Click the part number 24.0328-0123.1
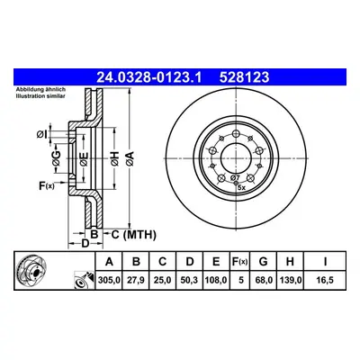149,77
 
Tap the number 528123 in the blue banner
244,77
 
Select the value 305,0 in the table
109,280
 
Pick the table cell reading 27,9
136,280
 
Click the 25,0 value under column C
162,280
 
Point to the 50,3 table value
190,280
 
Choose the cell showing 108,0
216,280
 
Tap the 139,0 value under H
290,280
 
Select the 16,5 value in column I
325,280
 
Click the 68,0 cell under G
263,280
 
